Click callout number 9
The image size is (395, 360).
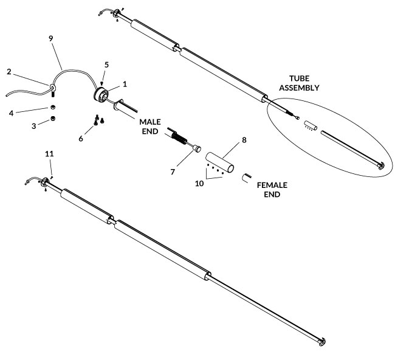pos(51,38)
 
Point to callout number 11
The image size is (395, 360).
pos(49,154)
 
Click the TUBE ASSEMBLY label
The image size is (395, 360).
pos(299,83)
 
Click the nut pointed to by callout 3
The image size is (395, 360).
pos(53,119)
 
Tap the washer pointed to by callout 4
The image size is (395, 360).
pos(53,108)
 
